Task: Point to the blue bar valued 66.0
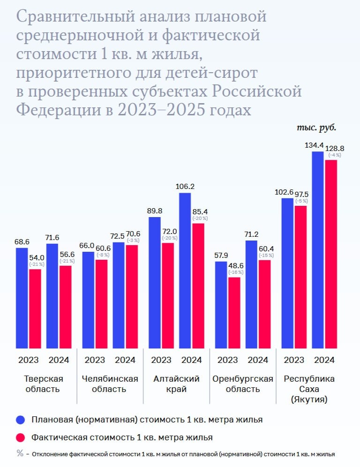tap(88, 300)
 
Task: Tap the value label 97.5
tap(301, 194)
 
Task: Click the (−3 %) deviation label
tap(133, 241)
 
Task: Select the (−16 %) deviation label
tap(234, 272)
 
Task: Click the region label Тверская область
tap(43, 384)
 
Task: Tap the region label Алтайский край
tap(176, 384)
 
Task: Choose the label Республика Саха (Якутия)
tap(309, 389)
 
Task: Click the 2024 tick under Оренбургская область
tap(258, 360)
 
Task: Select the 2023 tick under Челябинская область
tap(95, 360)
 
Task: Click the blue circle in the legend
tap(20, 419)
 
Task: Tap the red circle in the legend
tap(20, 437)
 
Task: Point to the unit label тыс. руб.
tap(317, 127)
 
